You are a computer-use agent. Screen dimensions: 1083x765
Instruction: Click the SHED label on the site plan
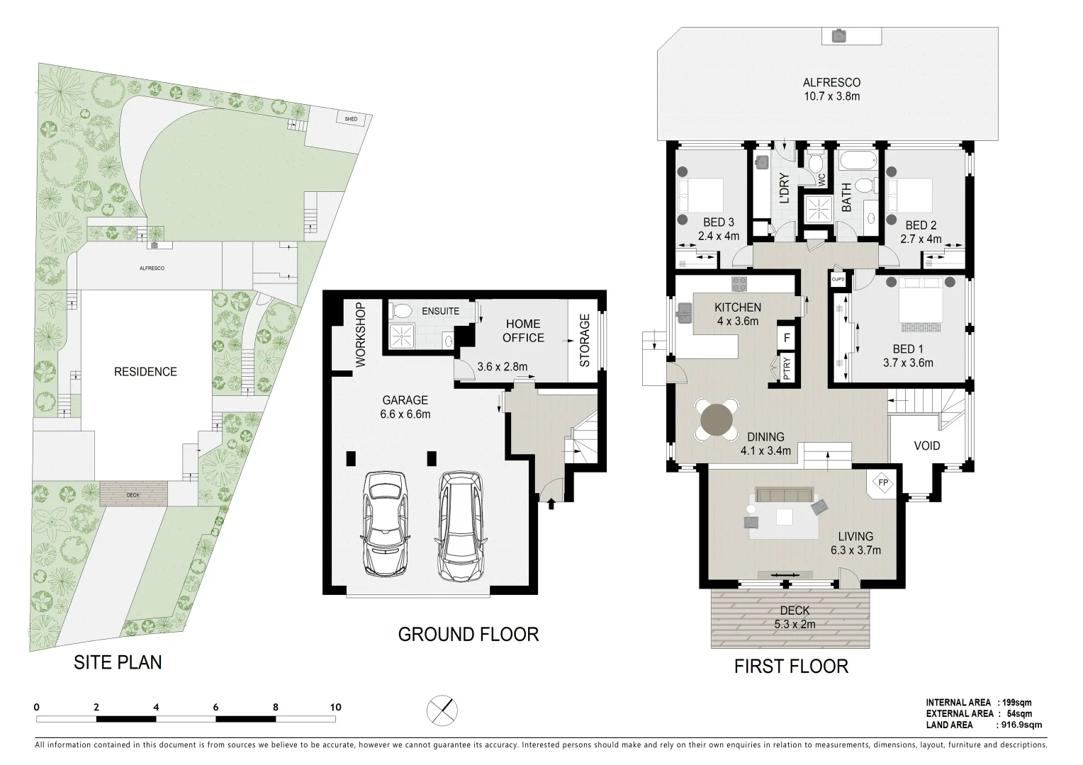click(351, 119)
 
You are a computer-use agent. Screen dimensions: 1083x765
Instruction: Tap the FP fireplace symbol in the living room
click(883, 482)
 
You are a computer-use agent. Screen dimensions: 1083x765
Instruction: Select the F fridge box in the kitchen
click(787, 338)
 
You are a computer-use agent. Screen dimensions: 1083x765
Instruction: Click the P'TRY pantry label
click(787, 368)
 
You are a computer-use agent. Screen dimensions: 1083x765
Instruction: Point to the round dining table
click(717, 420)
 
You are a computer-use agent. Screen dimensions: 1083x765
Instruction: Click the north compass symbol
click(442, 710)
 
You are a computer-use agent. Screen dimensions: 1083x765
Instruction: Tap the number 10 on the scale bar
click(335, 707)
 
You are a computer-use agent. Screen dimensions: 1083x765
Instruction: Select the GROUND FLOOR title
click(468, 634)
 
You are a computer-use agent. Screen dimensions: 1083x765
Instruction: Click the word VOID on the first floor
click(927, 446)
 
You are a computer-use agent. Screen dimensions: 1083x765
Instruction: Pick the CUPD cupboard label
click(838, 279)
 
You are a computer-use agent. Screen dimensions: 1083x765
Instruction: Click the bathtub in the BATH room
click(858, 159)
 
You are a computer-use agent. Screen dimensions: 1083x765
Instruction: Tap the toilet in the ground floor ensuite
click(400, 310)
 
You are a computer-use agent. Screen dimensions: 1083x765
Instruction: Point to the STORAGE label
click(585, 340)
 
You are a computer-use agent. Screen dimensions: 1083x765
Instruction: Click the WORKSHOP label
click(361, 334)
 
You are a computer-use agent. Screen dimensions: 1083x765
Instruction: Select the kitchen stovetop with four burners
click(739, 283)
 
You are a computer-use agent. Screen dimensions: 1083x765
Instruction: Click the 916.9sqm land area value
click(1021, 725)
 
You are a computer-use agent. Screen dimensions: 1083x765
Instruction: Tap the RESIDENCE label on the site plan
click(145, 372)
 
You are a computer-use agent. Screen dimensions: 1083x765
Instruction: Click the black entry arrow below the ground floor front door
click(551, 504)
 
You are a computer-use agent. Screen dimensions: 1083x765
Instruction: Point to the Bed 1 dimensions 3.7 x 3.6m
click(908, 363)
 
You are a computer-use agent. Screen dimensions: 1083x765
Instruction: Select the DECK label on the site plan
click(133, 495)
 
